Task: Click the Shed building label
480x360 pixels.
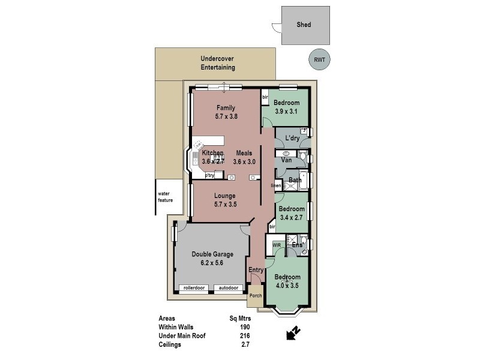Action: pos(304,25)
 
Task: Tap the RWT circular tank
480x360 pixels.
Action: pos(320,59)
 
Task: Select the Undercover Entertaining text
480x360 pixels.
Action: pos(217,63)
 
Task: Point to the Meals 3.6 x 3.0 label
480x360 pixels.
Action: pos(244,157)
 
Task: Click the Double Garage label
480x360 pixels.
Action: pos(212,258)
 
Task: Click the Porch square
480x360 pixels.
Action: pos(256,296)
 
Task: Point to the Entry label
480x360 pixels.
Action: pos(256,270)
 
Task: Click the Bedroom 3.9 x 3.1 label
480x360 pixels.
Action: pos(286,107)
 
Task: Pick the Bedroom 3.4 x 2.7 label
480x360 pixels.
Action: pos(292,213)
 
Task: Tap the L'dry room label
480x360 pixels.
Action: pos(292,139)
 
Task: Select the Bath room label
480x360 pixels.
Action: pos(295,180)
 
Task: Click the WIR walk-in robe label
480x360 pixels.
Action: pos(277,245)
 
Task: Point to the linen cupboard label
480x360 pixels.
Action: pos(276,186)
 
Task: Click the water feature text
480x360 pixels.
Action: pos(165,197)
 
